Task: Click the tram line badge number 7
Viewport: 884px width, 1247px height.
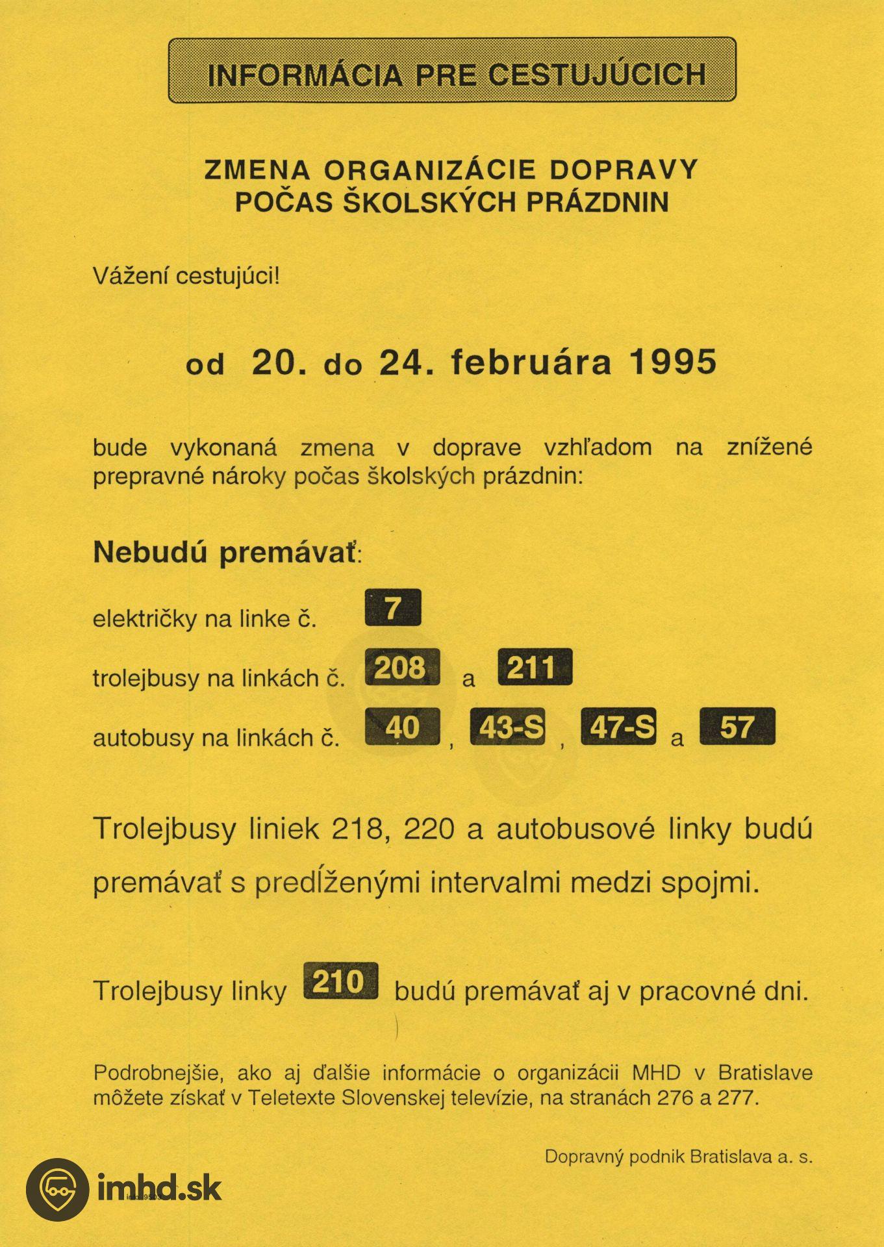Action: point(393,608)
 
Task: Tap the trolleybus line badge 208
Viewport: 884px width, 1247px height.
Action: point(402,667)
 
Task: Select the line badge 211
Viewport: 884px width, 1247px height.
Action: point(535,667)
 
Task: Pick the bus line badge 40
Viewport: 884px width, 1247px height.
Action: point(403,726)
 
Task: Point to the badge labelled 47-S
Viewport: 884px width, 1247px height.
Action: point(618,726)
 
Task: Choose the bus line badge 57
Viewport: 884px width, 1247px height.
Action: point(737,726)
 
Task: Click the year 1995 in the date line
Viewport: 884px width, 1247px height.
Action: point(673,362)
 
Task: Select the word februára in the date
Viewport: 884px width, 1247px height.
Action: point(531,362)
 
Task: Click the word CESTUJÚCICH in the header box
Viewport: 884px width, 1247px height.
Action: point(597,75)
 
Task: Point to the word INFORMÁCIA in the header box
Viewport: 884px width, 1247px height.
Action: point(305,75)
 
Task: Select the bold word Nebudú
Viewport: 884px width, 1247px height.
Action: point(150,552)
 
